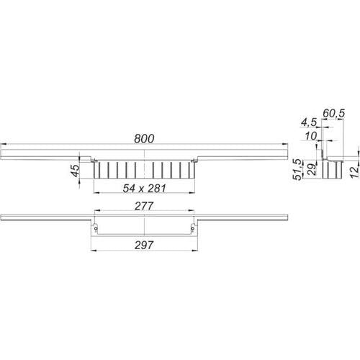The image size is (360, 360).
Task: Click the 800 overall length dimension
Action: click(x=144, y=139)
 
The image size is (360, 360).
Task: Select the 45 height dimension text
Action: click(x=76, y=171)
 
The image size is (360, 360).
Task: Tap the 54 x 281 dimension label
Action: click(x=144, y=189)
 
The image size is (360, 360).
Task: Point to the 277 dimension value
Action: click(x=144, y=206)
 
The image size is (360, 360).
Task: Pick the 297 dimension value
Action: click(x=144, y=245)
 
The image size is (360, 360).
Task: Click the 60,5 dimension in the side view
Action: click(x=333, y=113)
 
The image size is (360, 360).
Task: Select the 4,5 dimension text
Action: click(x=309, y=122)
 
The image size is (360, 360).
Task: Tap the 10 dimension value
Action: click(x=311, y=136)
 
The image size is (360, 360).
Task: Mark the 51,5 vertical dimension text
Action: click(x=298, y=169)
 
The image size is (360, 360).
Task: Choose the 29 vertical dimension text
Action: click(x=312, y=169)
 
